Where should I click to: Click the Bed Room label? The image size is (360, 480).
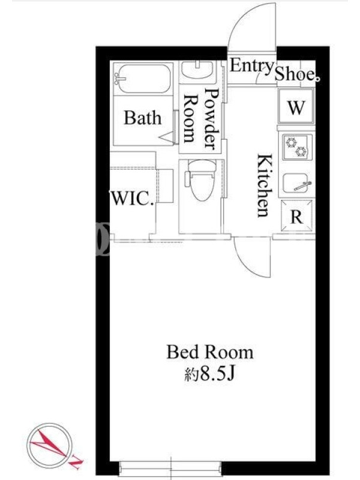pyautogui.click(x=209, y=352)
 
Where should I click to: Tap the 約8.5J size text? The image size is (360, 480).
pyautogui.click(x=209, y=373)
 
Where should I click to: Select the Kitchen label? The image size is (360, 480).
pyautogui.click(x=264, y=185)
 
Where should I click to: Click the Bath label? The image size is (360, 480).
pyautogui.click(x=142, y=118)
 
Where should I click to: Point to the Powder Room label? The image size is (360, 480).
pyautogui.click(x=202, y=119)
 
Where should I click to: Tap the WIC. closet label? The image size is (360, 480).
pyautogui.click(x=131, y=199)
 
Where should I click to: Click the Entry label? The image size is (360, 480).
pyautogui.click(x=251, y=66)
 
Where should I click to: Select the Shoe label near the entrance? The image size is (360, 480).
pyautogui.click(x=295, y=74)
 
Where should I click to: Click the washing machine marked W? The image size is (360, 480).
pyautogui.click(x=296, y=106)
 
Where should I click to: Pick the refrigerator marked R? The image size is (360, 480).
pyautogui.click(x=296, y=216)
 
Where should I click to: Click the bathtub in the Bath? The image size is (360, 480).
pyautogui.click(x=143, y=79)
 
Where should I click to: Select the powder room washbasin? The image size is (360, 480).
pyautogui.click(x=197, y=70)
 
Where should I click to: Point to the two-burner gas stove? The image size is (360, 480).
pyautogui.click(x=297, y=146)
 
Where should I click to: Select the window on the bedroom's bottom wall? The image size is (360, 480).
pyautogui.click(x=170, y=468)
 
